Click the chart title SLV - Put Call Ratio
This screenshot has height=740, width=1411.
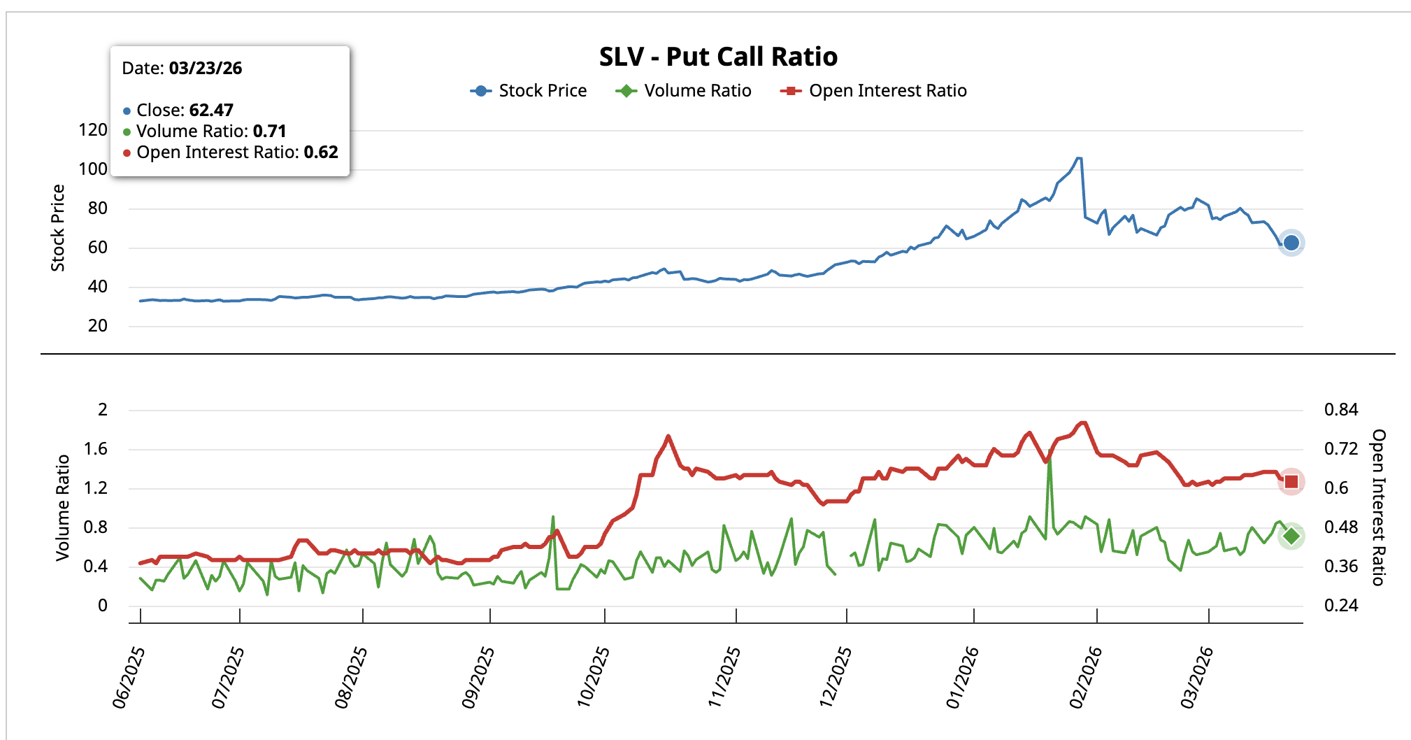pos(718,57)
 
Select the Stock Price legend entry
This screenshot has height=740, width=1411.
pos(529,91)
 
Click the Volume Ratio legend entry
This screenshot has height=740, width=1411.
pos(684,91)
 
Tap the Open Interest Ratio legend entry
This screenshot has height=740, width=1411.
pos(874,91)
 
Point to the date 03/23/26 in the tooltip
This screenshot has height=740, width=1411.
pos(206,69)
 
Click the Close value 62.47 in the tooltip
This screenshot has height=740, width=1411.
pos(211,111)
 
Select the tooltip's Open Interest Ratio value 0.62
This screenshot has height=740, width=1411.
pos(321,152)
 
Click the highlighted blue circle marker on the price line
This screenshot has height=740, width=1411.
pos(1291,243)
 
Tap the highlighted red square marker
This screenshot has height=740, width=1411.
pos(1291,482)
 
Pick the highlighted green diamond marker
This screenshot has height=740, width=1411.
pos(1291,536)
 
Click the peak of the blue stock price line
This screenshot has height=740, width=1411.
pos(1079,159)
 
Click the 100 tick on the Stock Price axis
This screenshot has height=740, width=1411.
pos(93,169)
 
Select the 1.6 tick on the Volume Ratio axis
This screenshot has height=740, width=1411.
pos(96,449)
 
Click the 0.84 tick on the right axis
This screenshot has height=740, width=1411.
pos(1340,410)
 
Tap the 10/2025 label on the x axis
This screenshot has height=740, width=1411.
pos(593,676)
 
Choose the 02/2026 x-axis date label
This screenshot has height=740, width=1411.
pos(1085,676)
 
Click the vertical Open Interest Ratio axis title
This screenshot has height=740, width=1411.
pos(1378,507)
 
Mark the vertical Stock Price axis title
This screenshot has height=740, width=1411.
pos(58,228)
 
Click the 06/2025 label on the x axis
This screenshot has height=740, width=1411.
pos(129,676)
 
